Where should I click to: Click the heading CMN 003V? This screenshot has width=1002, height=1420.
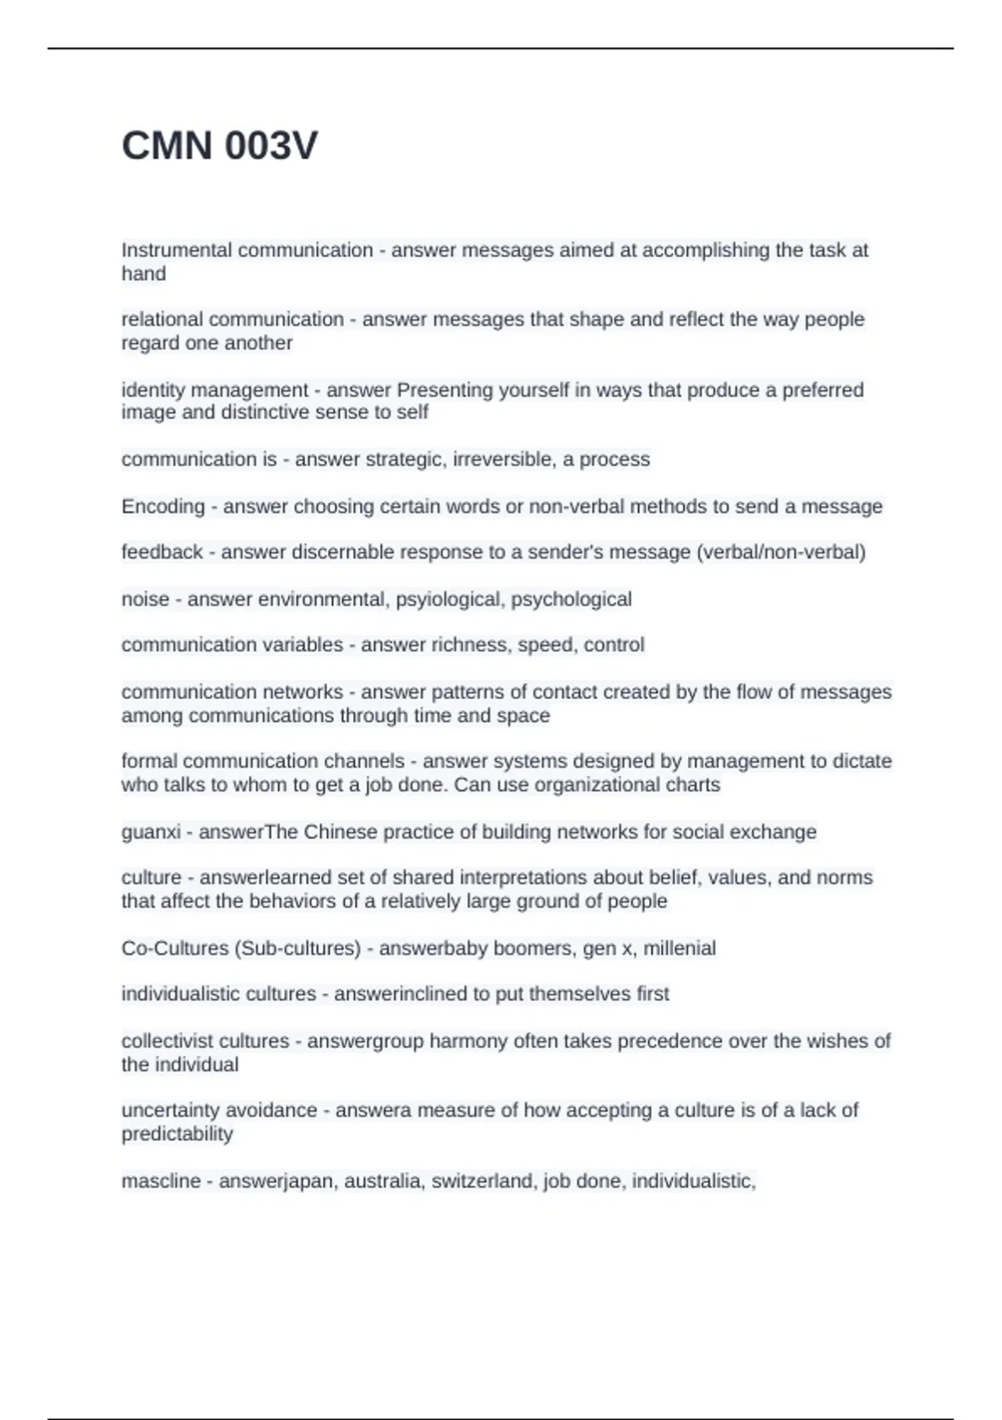(x=220, y=146)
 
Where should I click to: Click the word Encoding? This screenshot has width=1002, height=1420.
(x=163, y=507)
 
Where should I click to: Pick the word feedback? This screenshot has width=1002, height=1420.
(x=162, y=552)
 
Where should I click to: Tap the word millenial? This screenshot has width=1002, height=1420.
(x=680, y=949)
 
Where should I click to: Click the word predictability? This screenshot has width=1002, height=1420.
(x=177, y=1134)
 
